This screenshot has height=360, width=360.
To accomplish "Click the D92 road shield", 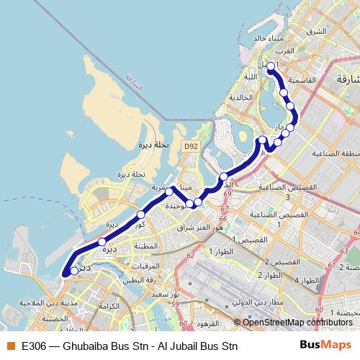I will click(189, 146).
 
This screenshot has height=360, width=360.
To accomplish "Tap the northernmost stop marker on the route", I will click(271, 67).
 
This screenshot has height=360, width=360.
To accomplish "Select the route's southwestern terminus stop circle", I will click(74, 271).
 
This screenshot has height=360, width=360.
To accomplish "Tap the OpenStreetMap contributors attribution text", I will click(297, 323).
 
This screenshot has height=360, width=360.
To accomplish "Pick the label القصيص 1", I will click(253, 238).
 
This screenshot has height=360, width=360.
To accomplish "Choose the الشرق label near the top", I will click(316, 32).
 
